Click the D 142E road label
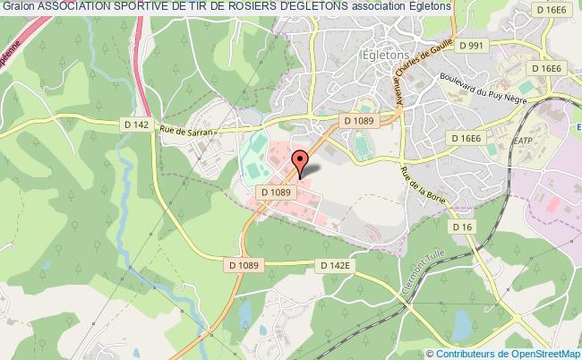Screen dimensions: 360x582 (x=338, y=266)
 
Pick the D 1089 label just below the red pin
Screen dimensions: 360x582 (x=277, y=191)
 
